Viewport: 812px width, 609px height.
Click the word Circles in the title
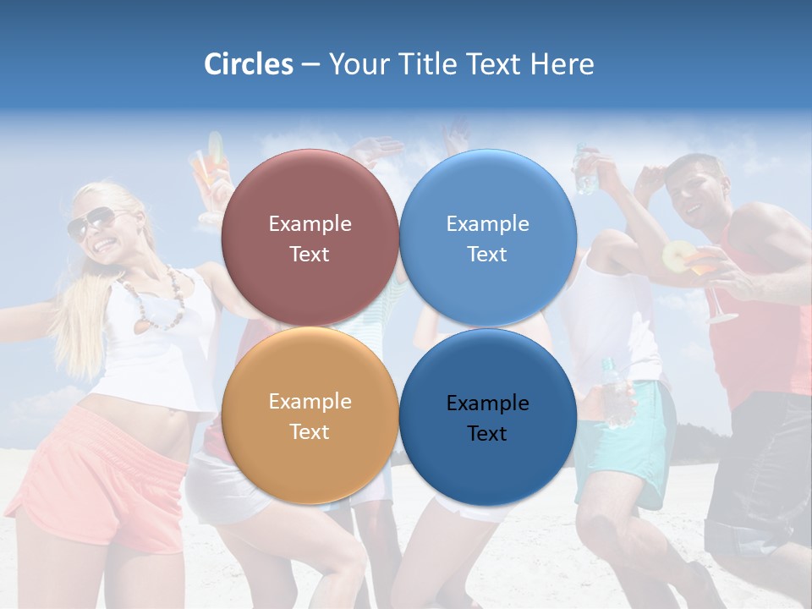tap(248, 64)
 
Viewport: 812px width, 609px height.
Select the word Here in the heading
tap(562, 64)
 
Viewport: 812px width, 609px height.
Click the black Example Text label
tap(487, 418)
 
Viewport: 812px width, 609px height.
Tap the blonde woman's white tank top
tap(161, 355)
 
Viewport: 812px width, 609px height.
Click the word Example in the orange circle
tap(310, 402)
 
